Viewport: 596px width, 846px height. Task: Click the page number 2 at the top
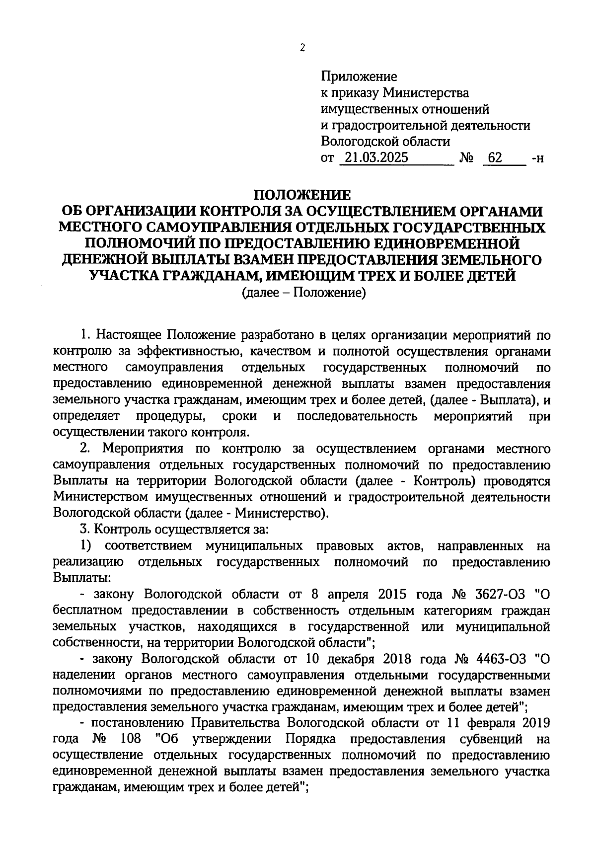[302, 48]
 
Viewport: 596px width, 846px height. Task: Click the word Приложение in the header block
[359, 77]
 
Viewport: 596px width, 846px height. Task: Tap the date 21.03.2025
[375, 158]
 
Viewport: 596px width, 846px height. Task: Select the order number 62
[495, 158]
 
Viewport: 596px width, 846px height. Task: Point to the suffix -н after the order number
[537, 159]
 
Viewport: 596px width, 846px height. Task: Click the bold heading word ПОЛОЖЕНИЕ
[302, 195]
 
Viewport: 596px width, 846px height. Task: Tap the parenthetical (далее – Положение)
[303, 293]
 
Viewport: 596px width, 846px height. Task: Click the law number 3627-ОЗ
[500, 594]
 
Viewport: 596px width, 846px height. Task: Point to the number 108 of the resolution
[131, 739]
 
